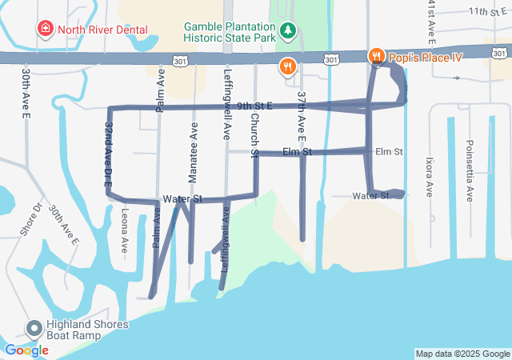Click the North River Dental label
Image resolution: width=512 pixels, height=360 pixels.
coord(102,30)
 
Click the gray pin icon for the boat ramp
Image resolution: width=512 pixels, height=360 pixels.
coord(34,328)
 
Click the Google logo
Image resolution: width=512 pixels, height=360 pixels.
coord(26,350)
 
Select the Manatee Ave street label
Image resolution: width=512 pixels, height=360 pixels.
coord(194,143)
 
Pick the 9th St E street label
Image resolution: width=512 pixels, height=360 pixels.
coord(254,106)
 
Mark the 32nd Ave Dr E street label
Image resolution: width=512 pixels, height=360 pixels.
coord(108,154)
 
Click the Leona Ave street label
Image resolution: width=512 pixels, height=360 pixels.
coord(125,230)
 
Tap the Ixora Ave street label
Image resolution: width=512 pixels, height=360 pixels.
coord(429,177)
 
